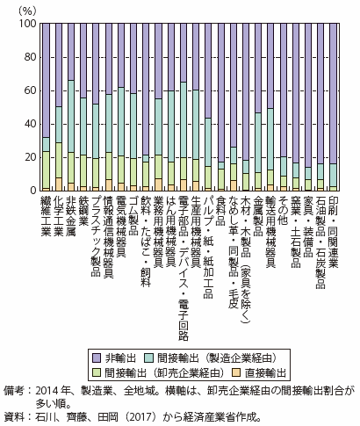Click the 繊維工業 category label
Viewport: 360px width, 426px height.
point(46,216)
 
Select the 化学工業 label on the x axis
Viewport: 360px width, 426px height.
point(59,216)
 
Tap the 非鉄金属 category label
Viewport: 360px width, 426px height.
point(71,216)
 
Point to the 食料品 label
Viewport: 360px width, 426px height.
point(221,211)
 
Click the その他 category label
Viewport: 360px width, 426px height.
point(284,211)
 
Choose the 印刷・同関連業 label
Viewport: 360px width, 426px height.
point(334,232)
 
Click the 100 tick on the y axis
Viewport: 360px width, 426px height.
point(28,24)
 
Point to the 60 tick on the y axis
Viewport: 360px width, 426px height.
point(31,90)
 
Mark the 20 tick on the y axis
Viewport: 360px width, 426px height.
point(31,157)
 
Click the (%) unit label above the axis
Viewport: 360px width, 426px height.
point(27,11)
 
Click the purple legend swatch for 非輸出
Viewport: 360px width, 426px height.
point(97,357)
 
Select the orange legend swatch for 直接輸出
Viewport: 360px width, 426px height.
point(236,373)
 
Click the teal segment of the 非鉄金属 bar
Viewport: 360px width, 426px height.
point(71,116)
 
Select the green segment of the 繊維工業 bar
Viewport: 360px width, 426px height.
point(47,170)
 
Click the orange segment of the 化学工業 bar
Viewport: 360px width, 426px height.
point(59,184)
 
